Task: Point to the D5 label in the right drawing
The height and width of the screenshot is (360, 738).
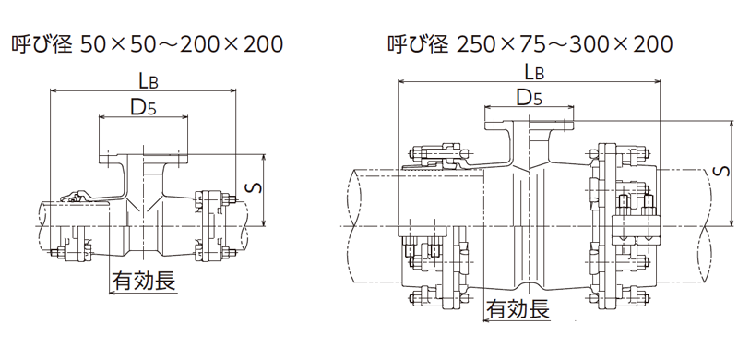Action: (529, 97)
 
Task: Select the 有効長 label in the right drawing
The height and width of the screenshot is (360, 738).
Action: (518, 308)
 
